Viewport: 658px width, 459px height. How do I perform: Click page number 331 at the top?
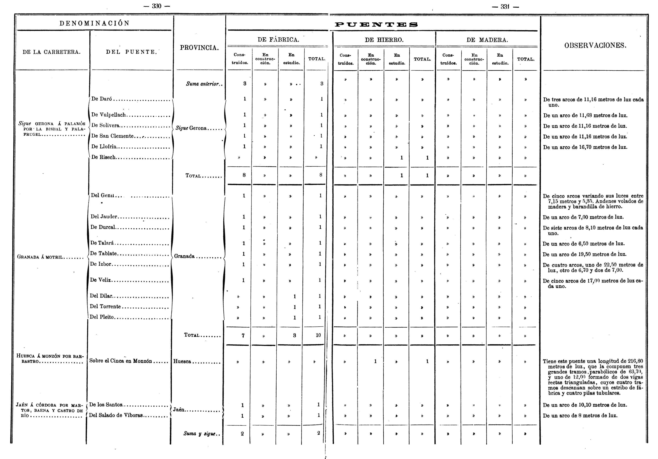[x=505, y=7]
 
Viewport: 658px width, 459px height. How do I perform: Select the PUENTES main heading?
[x=376, y=25]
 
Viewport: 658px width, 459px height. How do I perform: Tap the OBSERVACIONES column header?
[x=595, y=45]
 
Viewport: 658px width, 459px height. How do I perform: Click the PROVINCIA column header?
[x=199, y=48]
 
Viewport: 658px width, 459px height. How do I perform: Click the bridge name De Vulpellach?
[x=109, y=115]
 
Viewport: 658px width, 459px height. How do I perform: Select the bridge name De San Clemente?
[x=112, y=136]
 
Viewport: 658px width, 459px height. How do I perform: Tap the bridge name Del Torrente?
[x=105, y=306]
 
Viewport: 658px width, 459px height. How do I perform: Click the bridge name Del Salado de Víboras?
[x=116, y=415]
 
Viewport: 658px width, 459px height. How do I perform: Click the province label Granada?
[x=184, y=256]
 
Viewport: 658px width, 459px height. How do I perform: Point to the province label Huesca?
[x=182, y=362]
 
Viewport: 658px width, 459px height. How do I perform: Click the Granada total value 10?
[x=318, y=335]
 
